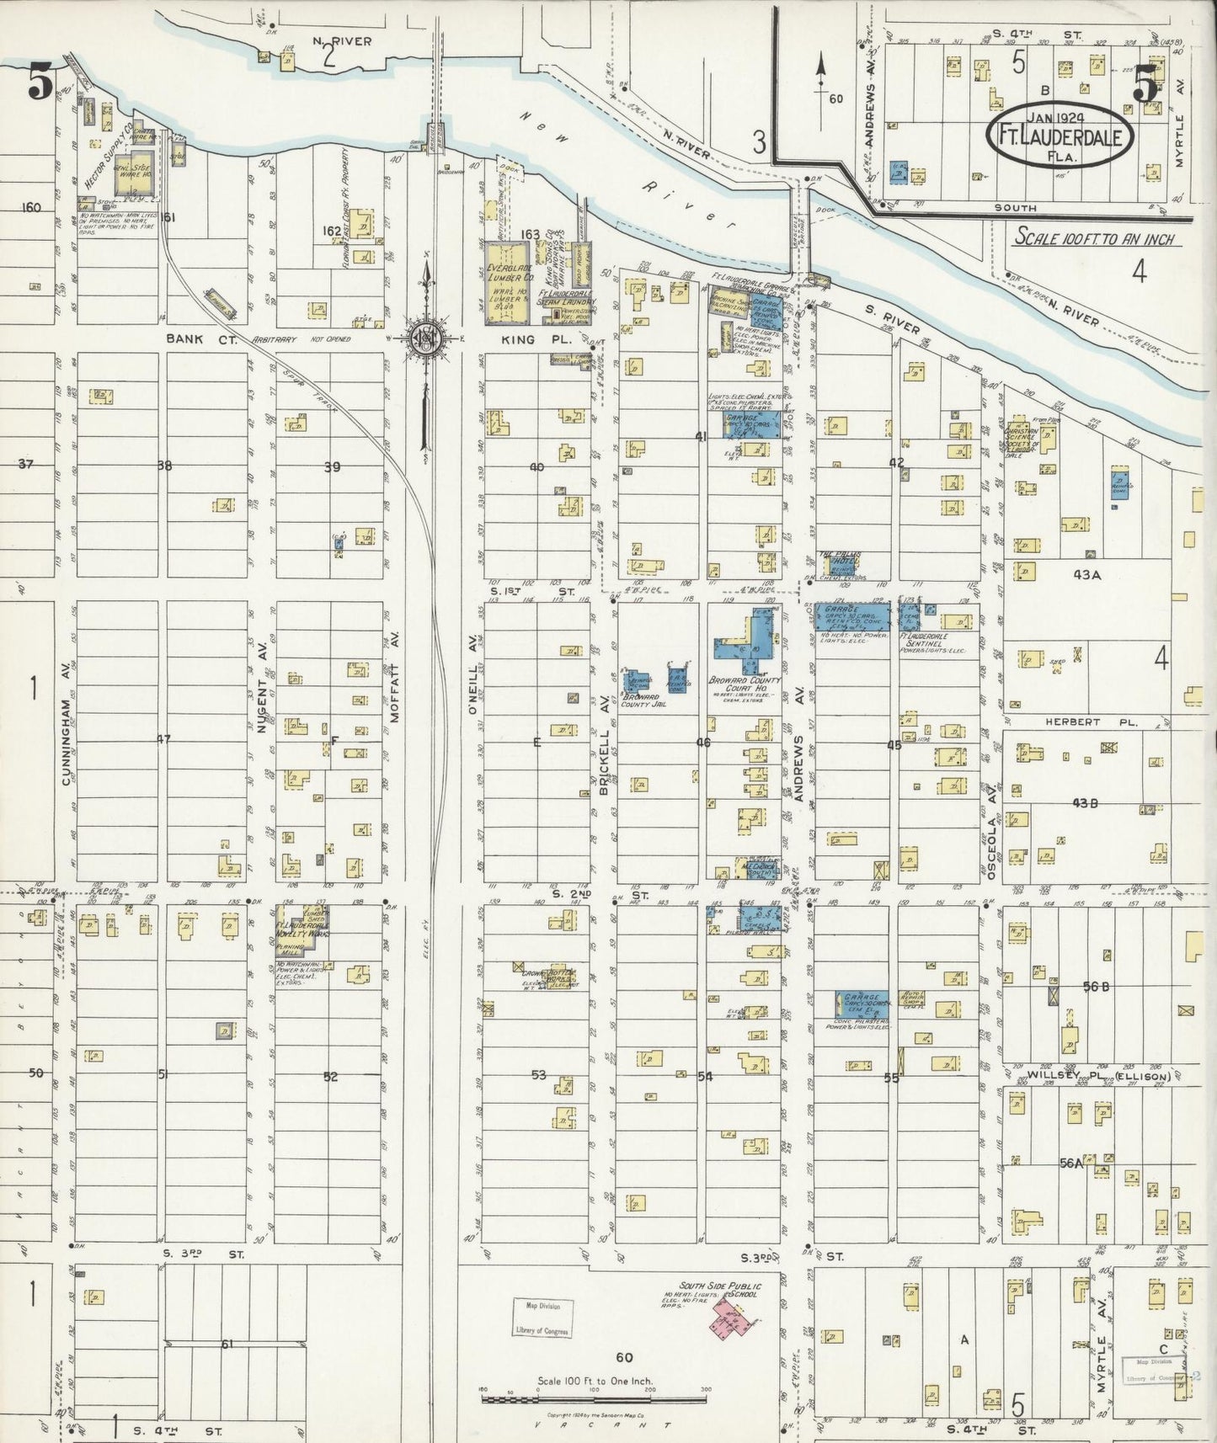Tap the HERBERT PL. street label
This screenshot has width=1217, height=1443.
click(x=1079, y=722)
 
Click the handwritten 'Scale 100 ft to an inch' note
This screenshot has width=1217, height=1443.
click(x=1095, y=238)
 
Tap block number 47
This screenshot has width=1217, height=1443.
click(x=164, y=739)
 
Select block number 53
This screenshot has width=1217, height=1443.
click(x=539, y=1075)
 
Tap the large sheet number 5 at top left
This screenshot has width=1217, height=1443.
click(x=40, y=82)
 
